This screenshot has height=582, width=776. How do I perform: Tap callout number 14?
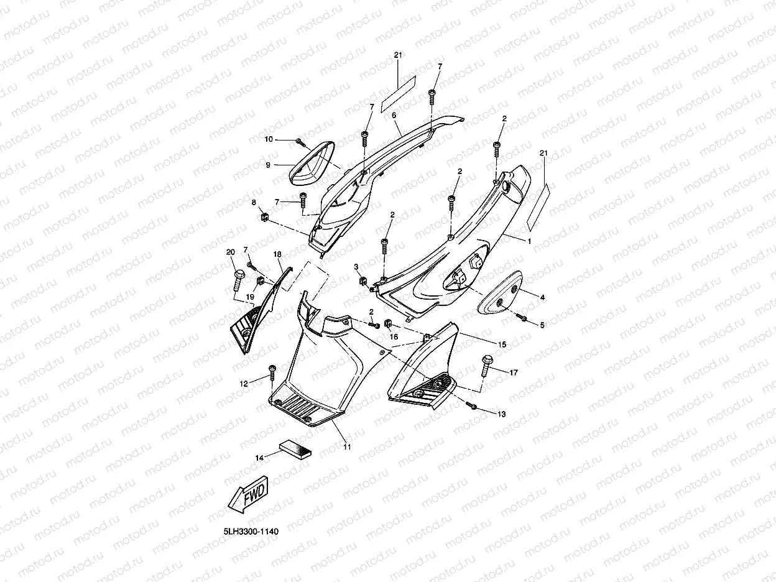(259, 458)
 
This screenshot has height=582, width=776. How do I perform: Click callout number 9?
(268, 165)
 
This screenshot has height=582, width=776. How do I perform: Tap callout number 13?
(501, 413)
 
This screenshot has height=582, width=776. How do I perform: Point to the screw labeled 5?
(522, 318)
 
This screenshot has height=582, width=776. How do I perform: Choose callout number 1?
(529, 241)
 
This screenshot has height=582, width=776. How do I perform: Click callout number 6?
(394, 116)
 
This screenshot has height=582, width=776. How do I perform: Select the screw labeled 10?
(300, 142)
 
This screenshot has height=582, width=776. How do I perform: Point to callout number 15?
(502, 344)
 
